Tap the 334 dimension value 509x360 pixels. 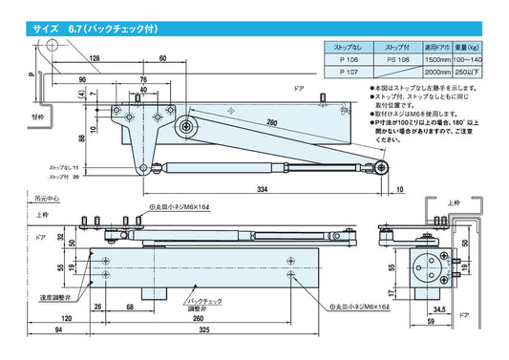(261, 190)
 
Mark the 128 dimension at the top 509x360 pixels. (95, 59)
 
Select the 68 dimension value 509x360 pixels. (129, 307)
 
